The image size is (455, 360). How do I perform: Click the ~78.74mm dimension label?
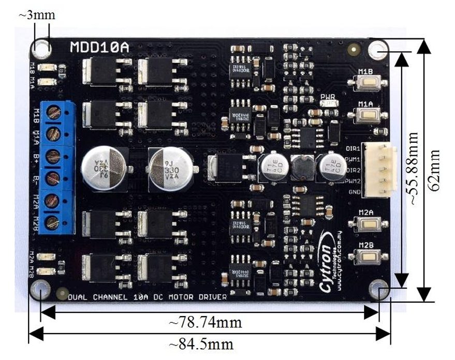(x=206, y=323)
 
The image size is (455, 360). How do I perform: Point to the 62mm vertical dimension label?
(x=435, y=170)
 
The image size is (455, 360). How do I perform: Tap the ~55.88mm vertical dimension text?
(x=413, y=169)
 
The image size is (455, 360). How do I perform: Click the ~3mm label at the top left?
(x=37, y=16)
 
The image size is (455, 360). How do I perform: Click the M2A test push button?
(x=368, y=223)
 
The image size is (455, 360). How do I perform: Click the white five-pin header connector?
(x=379, y=170)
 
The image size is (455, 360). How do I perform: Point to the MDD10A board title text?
(x=99, y=48)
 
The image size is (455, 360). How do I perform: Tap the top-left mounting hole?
(x=41, y=49)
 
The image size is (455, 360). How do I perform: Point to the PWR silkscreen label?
(x=328, y=97)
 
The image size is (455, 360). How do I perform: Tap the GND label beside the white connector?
(x=354, y=192)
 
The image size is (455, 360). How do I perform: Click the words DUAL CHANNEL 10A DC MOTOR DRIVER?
(x=148, y=297)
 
